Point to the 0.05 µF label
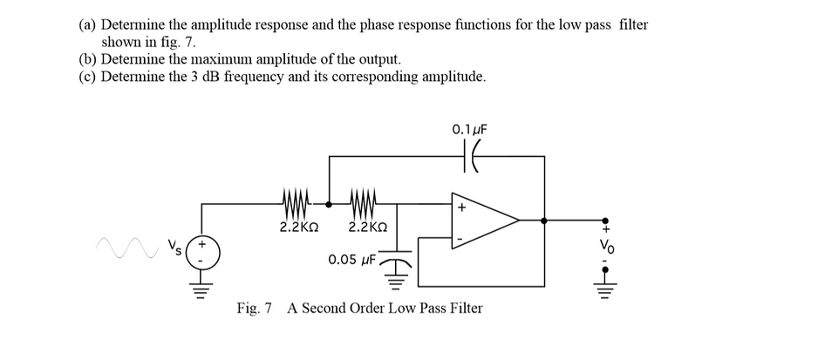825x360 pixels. pos(352,259)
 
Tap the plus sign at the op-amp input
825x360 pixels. pos(462,208)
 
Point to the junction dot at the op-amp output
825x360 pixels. pos(545,221)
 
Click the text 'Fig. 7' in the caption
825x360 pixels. pos(255,309)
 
